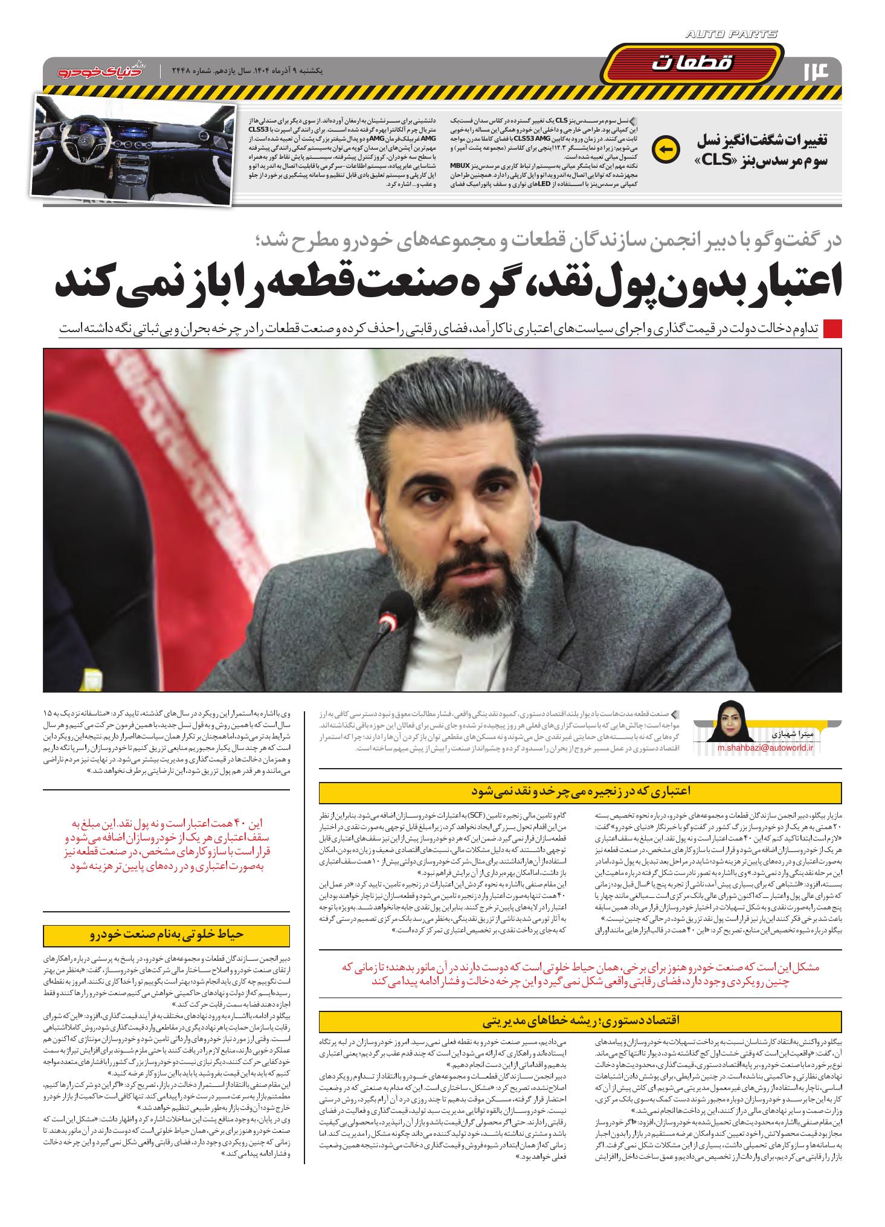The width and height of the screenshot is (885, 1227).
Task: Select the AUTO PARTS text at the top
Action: pyautogui.click(x=732, y=35)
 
